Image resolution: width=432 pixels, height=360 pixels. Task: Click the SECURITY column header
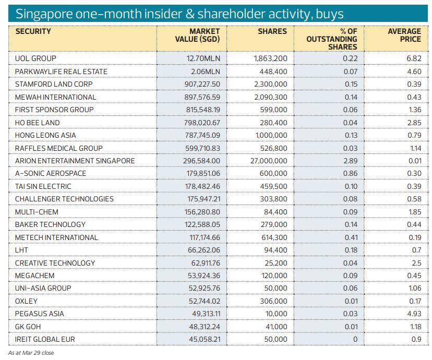click(x=33, y=31)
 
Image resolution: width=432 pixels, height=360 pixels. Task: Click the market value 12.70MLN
click(x=203, y=58)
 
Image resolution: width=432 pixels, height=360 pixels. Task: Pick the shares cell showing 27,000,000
click(x=269, y=161)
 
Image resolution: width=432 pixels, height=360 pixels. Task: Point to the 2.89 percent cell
click(x=351, y=161)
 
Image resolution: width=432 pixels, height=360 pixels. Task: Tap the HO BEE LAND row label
click(x=37, y=123)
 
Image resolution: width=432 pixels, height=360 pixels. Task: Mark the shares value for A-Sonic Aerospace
click(x=274, y=173)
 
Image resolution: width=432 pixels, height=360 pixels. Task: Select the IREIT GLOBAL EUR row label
click(x=45, y=339)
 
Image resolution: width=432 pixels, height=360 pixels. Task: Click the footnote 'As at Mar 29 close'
click(x=31, y=353)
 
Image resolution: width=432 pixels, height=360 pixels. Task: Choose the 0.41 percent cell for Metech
click(x=351, y=237)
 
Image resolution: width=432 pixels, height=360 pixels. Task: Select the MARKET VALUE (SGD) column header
click(x=197, y=35)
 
